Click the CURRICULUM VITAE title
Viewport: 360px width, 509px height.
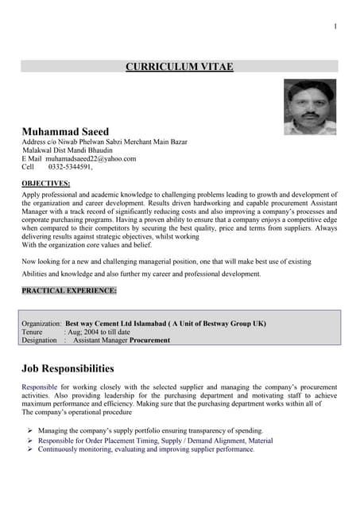pos(180,67)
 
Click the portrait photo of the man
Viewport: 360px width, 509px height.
pos(309,107)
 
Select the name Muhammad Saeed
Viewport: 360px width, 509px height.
pos(71,130)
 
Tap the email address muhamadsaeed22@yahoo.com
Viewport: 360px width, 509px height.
pos(90,158)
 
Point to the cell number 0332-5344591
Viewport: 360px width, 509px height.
pos(70,167)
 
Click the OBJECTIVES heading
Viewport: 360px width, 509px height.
pos(45,184)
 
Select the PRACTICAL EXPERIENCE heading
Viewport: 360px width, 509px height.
pos(69,290)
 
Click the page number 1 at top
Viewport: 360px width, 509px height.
pos(335,27)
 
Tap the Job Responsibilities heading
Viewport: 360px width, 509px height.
pos(68,368)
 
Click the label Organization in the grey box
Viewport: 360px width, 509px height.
pos(41,324)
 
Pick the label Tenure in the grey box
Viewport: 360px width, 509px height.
pos(33,332)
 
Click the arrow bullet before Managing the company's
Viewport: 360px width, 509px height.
pos(29,430)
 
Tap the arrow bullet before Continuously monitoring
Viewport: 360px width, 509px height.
pos(29,449)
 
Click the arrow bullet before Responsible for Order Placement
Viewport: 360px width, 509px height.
pos(29,440)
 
